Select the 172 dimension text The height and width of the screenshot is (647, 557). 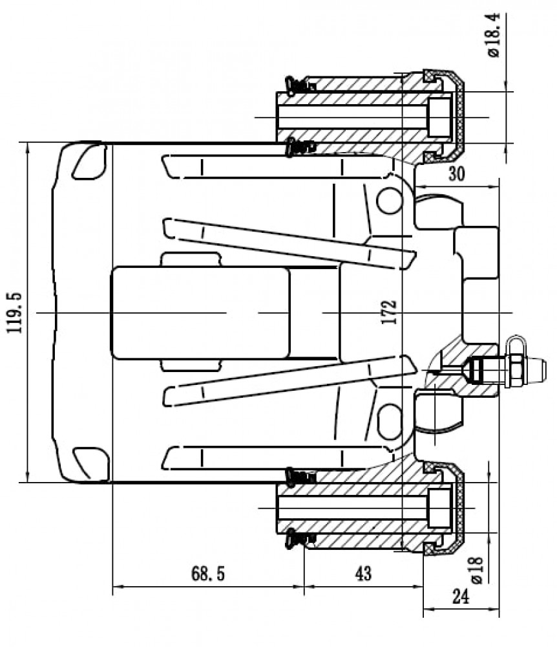click(389, 312)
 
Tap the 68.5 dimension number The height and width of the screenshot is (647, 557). click(208, 573)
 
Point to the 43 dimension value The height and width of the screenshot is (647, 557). click(363, 573)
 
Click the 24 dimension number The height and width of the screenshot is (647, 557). click(461, 597)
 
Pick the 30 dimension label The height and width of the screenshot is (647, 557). click(456, 173)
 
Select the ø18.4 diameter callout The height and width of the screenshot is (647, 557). click(493, 35)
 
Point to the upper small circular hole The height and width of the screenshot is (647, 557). click(388, 200)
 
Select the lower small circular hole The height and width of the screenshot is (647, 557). click(388, 421)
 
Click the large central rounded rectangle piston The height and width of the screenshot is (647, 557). click(200, 313)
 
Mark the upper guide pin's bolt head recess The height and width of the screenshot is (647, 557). click(439, 118)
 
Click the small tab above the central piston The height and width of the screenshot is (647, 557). click(191, 259)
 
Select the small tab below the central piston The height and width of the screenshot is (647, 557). click(191, 365)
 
